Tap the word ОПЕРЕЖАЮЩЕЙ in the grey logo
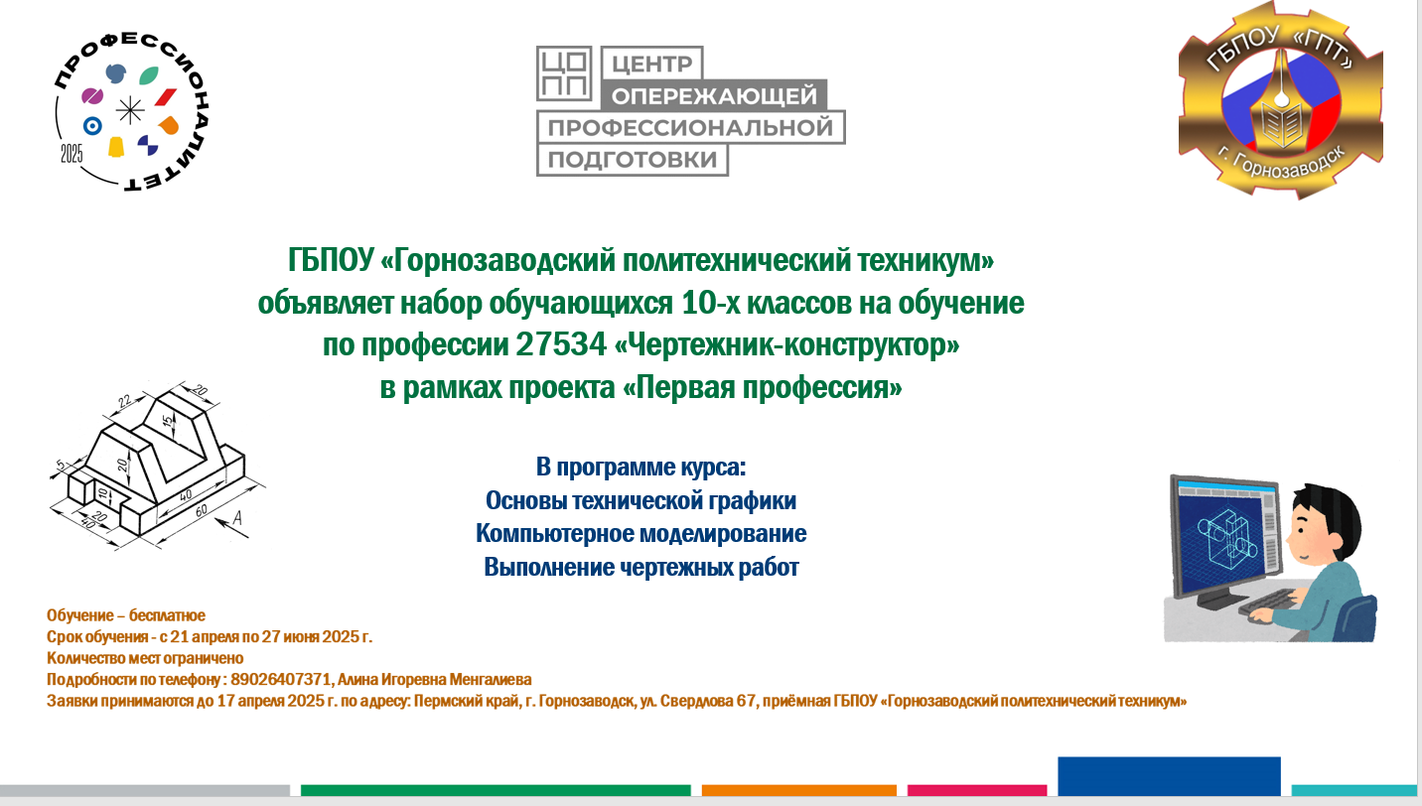[x=714, y=96]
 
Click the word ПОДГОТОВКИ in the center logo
[x=633, y=159]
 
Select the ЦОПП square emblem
[x=564, y=73]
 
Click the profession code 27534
[x=561, y=344]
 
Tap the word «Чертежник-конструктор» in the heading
[x=787, y=344]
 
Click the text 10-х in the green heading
[x=710, y=303]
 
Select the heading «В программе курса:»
[x=640, y=468]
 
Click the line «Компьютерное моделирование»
[x=641, y=534]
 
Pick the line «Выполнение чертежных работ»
[x=641, y=567]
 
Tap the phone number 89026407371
[x=281, y=680]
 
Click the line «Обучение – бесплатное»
[x=126, y=615]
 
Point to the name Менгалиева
[x=491, y=680]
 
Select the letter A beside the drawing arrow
[x=236, y=518]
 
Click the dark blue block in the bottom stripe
[x=1169, y=775]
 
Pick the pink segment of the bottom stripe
[x=977, y=790]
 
